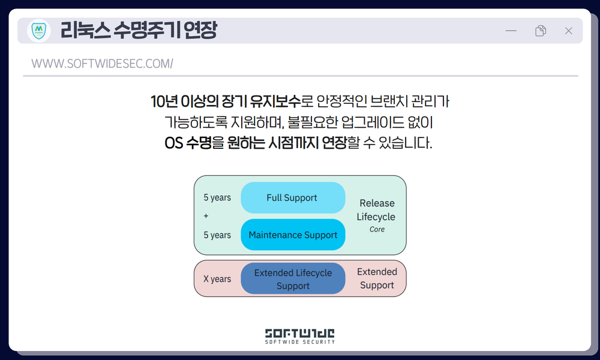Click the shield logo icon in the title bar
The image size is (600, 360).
[39, 31]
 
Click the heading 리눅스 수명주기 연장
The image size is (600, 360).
[138, 31]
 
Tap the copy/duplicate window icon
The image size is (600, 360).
[541, 31]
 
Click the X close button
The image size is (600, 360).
[568, 31]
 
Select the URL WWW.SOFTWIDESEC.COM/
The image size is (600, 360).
[102, 64]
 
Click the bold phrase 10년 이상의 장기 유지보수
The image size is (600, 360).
[226, 101]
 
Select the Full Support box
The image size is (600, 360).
[292, 197]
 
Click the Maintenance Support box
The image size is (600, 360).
[292, 235]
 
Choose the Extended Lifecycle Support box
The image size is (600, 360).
[292, 279]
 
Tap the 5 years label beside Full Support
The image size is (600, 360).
[217, 197]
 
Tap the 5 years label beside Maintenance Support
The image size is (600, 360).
[217, 235]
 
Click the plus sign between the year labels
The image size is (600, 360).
[206, 216]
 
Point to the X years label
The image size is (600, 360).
[217, 279]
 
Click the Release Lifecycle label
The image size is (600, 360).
[376, 210]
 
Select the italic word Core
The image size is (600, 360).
[377, 229]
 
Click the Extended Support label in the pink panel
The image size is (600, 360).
[377, 278]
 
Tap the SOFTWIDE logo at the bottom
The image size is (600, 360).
[300, 335]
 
